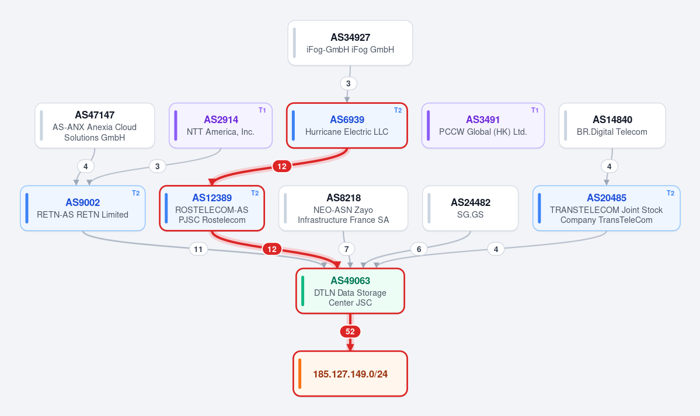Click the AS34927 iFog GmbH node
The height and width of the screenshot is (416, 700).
tap(350, 43)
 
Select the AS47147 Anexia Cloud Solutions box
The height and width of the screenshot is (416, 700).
tap(95, 125)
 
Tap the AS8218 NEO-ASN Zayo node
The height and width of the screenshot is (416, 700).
tap(343, 208)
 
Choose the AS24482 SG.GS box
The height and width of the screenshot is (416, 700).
tap(471, 208)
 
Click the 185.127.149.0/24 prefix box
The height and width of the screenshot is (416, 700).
tap(350, 373)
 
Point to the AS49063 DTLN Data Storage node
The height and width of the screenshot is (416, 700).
tap(350, 291)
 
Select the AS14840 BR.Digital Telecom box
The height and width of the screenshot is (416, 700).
tap(612, 125)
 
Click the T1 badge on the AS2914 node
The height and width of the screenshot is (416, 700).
tap(262, 110)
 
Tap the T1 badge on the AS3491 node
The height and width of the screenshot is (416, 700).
tap(534, 110)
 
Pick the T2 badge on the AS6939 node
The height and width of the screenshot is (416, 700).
tap(398, 110)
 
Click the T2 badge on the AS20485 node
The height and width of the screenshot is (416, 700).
tap(670, 193)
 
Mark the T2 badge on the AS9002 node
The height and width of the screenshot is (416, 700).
tap(135, 193)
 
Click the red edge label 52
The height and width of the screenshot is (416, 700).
tap(350, 331)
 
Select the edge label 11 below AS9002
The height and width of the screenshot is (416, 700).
tap(198, 249)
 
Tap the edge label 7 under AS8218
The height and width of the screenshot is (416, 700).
tap(346, 249)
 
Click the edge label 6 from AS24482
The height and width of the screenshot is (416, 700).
tap(419, 249)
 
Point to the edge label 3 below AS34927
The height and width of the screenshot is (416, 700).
tap(348, 83)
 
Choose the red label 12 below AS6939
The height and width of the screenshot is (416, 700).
tap(282, 166)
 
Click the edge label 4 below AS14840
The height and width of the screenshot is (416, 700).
tap(609, 166)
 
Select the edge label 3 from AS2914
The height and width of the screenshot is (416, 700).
tap(157, 166)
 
